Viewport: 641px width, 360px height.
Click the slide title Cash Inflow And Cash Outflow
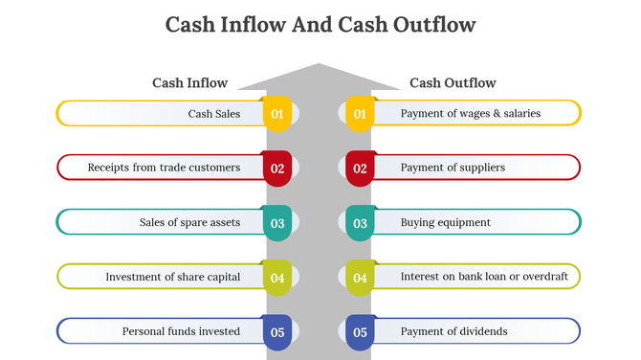[320, 25]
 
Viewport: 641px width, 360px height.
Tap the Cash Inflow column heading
[189, 83]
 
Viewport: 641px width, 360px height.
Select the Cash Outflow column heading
[453, 83]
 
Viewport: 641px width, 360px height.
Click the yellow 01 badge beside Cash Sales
[277, 114]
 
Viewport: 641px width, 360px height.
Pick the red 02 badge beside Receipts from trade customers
[277, 169]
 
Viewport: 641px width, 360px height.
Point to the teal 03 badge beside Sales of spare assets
[277, 223]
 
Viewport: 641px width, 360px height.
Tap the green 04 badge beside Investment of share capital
[277, 278]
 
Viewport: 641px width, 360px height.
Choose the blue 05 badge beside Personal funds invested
[277, 332]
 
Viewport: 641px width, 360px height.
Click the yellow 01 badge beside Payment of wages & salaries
[360, 114]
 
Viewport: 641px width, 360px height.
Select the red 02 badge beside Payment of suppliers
[360, 169]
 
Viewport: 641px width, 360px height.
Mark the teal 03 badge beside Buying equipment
[360, 223]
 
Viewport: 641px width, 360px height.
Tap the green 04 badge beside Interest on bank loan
[360, 278]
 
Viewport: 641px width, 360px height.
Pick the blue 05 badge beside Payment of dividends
[360, 332]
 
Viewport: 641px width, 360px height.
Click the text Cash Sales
[214, 113]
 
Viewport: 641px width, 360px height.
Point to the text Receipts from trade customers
[164, 168]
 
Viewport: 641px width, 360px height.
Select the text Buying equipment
[445, 222]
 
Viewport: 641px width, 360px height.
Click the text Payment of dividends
[453, 331]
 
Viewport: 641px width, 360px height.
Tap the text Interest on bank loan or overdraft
[484, 277]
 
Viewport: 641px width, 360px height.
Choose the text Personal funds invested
[181, 331]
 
